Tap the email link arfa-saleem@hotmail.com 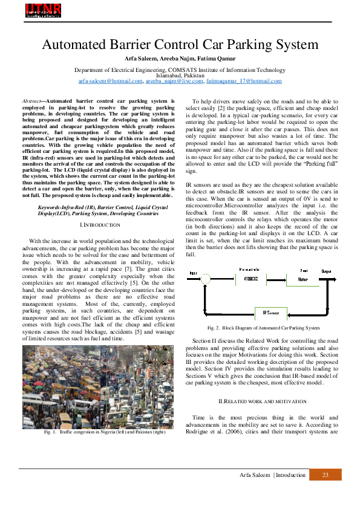[x=111, y=81]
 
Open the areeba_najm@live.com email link [x=174, y=81]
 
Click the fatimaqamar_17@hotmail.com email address [x=244, y=81]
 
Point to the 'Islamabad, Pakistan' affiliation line [x=180, y=76]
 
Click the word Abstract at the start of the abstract [x=31, y=101]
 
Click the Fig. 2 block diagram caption [x=262, y=328]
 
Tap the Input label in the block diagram [x=193, y=272]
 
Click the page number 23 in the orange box [x=326, y=475]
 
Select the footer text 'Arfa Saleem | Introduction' [x=273, y=475]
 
